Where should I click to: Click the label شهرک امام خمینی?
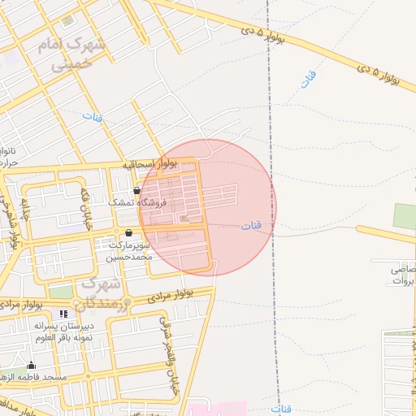pyautogui.click(x=71, y=54)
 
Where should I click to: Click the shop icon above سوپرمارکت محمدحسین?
pyautogui.click(x=128, y=232)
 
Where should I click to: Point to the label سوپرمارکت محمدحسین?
pyautogui.click(x=129, y=250)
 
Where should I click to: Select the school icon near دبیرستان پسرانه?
pyautogui.click(x=64, y=314)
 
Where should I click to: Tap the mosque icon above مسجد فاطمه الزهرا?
pyautogui.click(x=32, y=365)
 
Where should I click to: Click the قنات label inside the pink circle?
pyautogui.click(x=251, y=225)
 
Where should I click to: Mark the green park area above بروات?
pyautogui.click(x=405, y=216)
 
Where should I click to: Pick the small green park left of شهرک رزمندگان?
pyautogui.click(x=60, y=291)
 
